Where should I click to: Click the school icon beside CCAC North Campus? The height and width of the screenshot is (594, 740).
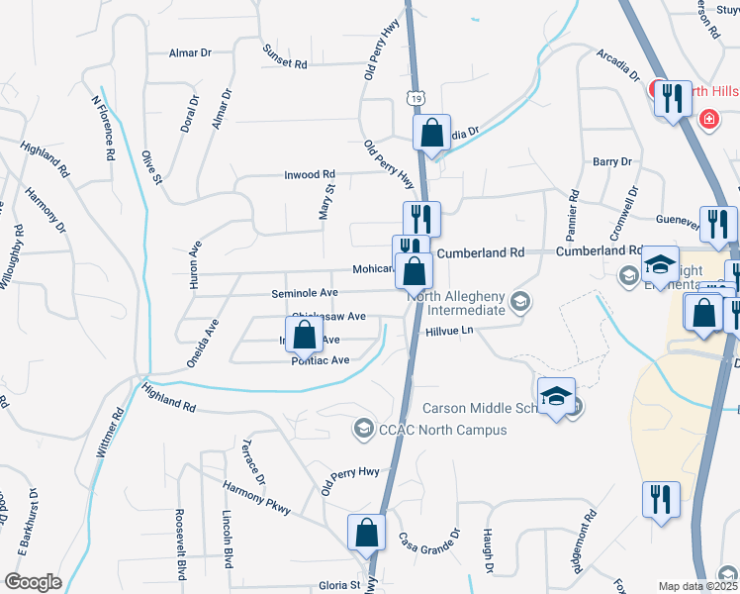[x=362, y=429]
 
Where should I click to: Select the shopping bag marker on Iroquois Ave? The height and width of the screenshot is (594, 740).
[x=305, y=335]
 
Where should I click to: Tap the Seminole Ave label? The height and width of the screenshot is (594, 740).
[x=305, y=293]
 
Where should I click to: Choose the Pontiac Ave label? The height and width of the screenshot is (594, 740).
[x=321, y=361]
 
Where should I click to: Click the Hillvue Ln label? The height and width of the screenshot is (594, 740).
[x=452, y=332]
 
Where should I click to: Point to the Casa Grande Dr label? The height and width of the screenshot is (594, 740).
[x=429, y=541]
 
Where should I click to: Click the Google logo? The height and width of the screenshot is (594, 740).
[x=32, y=582]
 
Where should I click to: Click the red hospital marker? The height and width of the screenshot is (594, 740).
[x=708, y=120]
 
